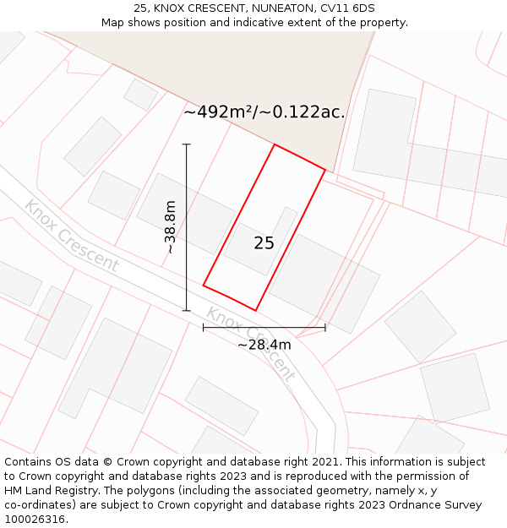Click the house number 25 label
click(264, 243)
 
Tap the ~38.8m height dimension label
click(170, 227)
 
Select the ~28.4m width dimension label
click(264, 345)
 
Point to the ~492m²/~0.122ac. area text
click(264, 112)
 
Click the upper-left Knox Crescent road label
click(71, 236)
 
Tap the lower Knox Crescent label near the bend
click(251, 344)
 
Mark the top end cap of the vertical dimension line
click(187, 144)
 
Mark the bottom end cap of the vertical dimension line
click(187, 311)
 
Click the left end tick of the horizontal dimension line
click(203, 328)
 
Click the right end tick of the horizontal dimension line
click(325, 328)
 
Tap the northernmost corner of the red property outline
click(275, 144)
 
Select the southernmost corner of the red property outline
click(255, 311)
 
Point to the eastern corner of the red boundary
click(325, 170)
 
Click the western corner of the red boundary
click(203, 286)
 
